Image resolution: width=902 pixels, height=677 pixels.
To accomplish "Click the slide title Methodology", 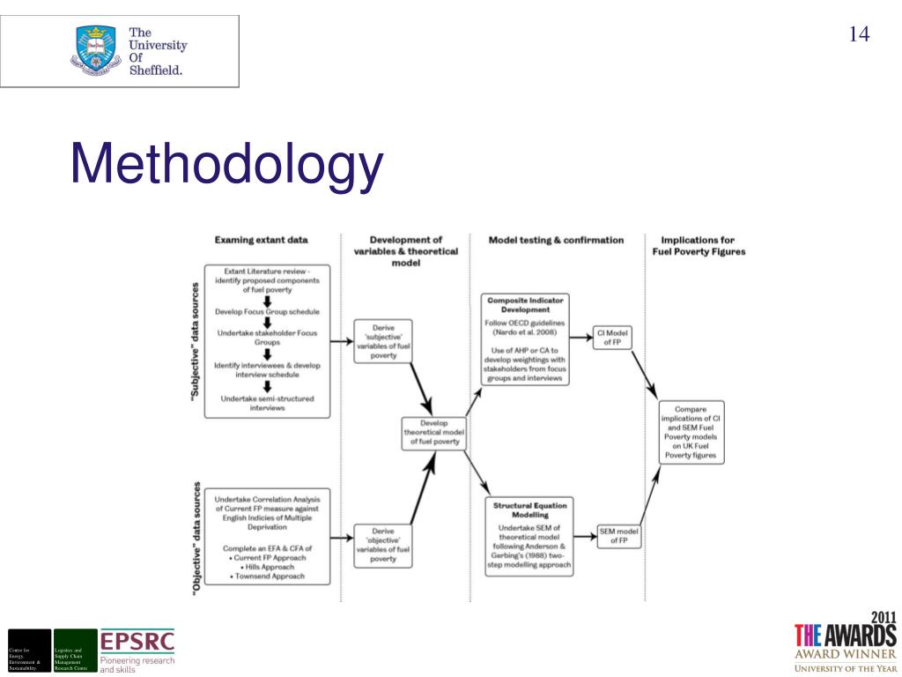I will (x=227, y=166).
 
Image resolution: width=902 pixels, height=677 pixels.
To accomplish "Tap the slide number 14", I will (x=859, y=34).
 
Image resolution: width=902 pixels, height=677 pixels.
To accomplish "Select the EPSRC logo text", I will (x=137, y=640).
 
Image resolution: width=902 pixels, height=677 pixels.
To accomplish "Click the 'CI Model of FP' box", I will (x=613, y=338).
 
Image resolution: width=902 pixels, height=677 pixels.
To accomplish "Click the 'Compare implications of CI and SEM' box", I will (x=691, y=432).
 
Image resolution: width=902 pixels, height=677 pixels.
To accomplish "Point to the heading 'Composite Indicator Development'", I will (x=525, y=304).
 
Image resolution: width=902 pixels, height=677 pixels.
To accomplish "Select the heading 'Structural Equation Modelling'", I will (x=529, y=510).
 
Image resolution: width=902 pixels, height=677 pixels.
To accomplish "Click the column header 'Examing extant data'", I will (x=261, y=240).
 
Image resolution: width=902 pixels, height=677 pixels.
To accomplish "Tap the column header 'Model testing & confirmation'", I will (x=556, y=240).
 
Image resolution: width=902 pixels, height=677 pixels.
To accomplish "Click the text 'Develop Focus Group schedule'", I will (x=267, y=312).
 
